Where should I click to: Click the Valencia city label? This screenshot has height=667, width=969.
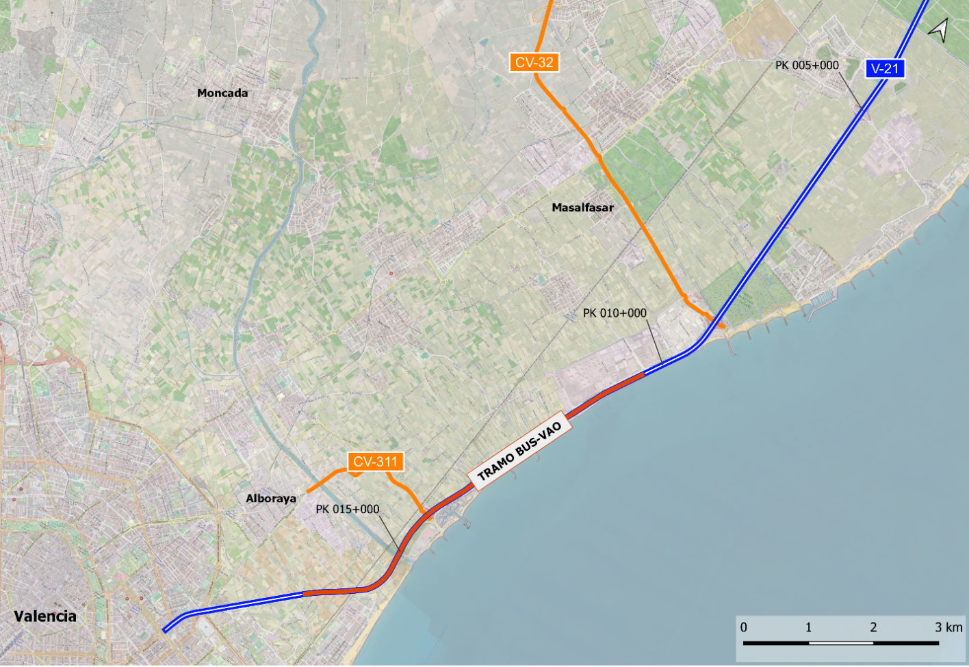[x=45, y=616]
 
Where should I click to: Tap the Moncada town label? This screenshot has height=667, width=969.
[x=222, y=93]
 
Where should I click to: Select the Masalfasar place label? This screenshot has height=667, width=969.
[x=582, y=207]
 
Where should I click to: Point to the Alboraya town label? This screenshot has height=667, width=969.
[x=271, y=498]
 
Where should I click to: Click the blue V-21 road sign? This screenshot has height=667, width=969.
[x=885, y=68]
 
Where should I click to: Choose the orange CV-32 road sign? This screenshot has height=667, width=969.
[x=534, y=62]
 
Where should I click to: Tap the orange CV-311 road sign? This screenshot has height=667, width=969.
[x=375, y=462]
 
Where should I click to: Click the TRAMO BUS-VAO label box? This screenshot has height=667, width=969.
[x=519, y=451]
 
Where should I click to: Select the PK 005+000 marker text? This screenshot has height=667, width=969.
[x=807, y=65]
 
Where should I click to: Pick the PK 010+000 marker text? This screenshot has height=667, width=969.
[x=615, y=313]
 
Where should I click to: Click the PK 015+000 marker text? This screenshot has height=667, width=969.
[x=347, y=509]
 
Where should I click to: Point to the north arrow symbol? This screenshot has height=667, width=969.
[x=939, y=29]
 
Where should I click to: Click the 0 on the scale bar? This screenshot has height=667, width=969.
[x=744, y=627]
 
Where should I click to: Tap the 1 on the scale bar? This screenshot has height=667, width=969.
[x=808, y=627]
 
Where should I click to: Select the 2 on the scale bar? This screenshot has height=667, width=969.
[x=873, y=627]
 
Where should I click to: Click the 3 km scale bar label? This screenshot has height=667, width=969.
[x=948, y=627]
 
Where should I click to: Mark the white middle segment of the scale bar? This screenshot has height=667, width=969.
[x=841, y=643]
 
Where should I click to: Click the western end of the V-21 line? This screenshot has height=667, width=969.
[x=165, y=630]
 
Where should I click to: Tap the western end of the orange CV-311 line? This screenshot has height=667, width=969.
[x=308, y=491]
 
